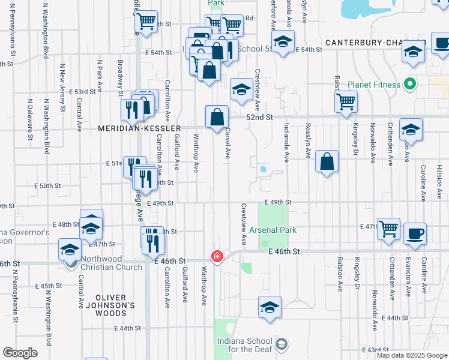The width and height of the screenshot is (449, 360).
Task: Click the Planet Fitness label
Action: tap(367, 85)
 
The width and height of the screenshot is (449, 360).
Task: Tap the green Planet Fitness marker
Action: tap(410, 84)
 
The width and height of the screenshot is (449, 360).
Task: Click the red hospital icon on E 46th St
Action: tap(217, 256)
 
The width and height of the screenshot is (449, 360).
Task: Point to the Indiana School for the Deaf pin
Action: tap(282, 344)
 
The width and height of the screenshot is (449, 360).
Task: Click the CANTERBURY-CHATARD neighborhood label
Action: tap(372, 43)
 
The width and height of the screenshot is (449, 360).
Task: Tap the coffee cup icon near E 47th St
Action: tap(415, 233)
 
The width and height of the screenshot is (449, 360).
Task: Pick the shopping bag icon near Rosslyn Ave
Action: tap(327, 161)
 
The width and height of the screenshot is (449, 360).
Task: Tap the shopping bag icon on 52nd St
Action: tap(217, 116)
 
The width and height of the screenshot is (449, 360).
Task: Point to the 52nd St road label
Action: tap(261, 117)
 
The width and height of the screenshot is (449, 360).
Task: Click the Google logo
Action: tap(20, 353)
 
